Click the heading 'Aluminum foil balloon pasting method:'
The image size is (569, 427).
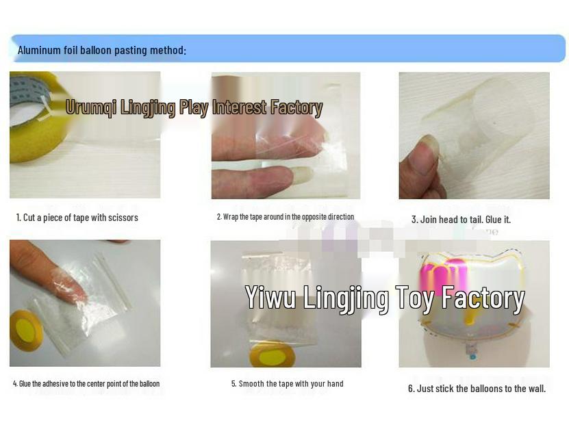[101, 50]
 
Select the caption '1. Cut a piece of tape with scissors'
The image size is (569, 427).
[77, 218]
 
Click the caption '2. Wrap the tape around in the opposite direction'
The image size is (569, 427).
[286, 217]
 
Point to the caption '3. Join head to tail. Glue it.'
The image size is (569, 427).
[461, 220]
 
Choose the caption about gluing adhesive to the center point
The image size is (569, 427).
[86, 383]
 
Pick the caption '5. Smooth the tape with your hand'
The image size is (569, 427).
[288, 384]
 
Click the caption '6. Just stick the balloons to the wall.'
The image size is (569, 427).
[477, 389]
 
